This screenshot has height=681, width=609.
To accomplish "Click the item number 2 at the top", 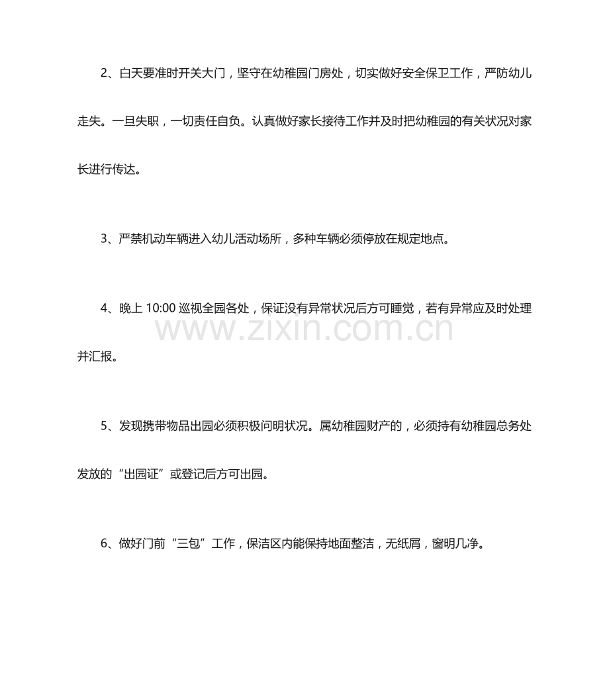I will click(x=105, y=73).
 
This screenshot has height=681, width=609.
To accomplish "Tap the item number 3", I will click(x=105, y=239).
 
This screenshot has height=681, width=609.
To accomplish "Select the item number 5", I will click(x=105, y=426).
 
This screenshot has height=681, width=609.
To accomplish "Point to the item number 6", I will click(x=105, y=543).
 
